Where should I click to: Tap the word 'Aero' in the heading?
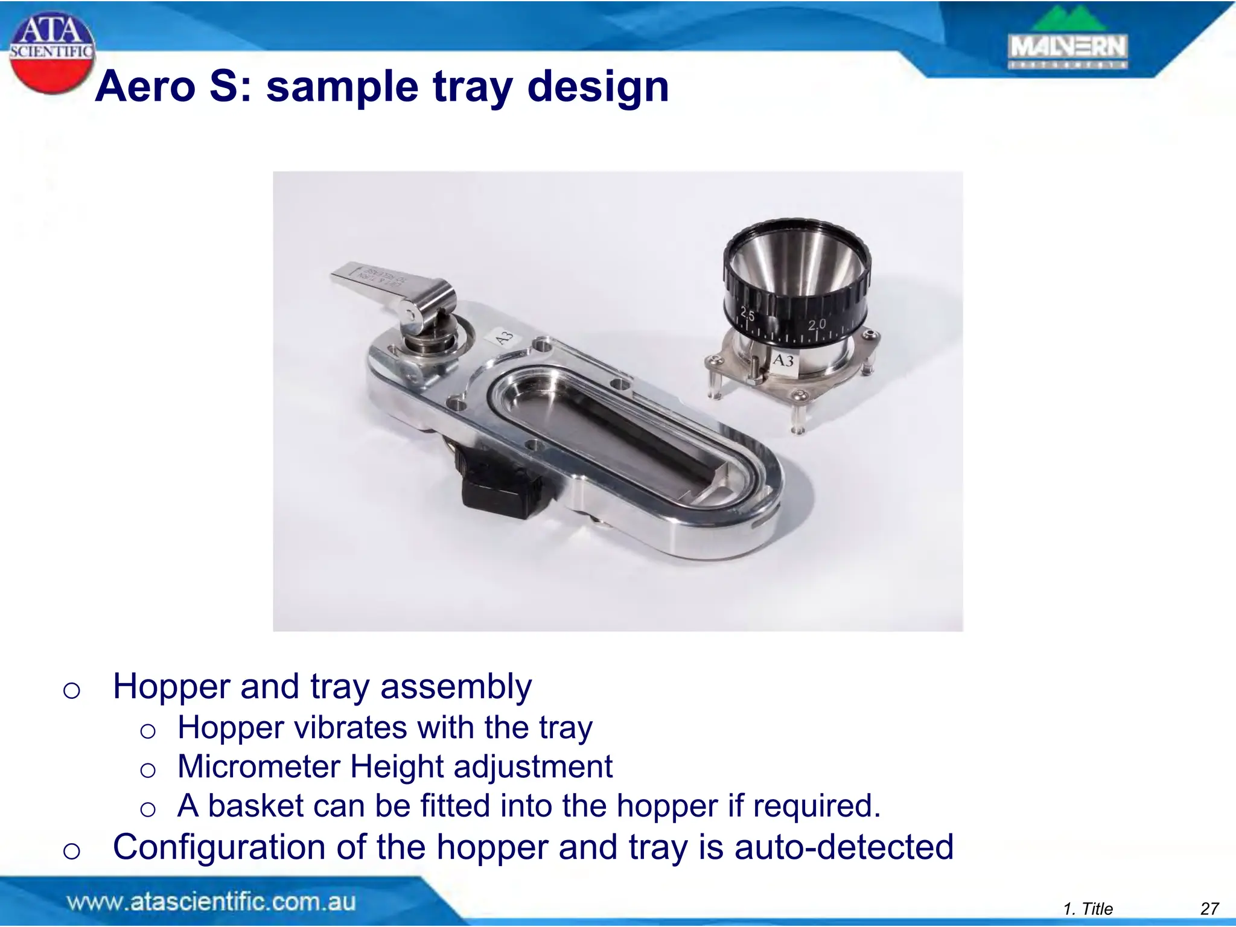tap(145, 87)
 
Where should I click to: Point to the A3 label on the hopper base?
tap(783, 361)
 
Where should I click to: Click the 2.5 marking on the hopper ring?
tap(747, 314)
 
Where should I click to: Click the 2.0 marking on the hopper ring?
tap(817, 324)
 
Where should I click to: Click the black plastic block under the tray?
tap(500, 494)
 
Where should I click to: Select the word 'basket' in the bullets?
tap(256, 806)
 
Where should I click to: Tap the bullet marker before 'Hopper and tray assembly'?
tap(71, 690)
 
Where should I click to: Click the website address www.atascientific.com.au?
tap(211, 902)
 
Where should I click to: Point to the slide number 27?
tap(1209, 909)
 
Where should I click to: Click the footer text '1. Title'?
tap(1088, 909)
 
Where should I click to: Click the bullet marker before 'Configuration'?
tap(71, 850)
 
